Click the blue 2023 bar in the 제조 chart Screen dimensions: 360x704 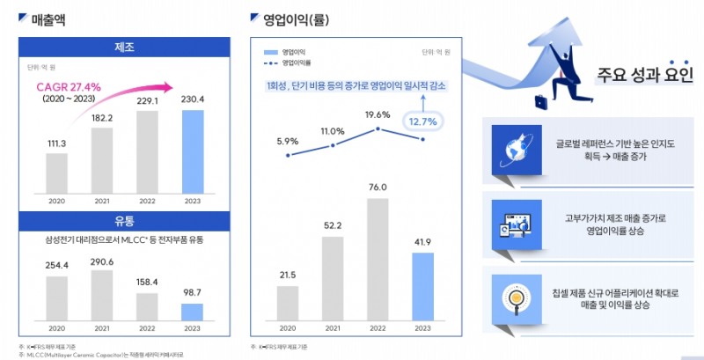click(192, 144)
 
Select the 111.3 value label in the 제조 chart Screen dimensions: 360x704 click(56, 143)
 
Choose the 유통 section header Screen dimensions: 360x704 click(123, 220)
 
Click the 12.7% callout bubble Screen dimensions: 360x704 click(422, 122)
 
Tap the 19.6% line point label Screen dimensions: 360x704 click(377, 114)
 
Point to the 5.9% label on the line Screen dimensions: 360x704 click(288, 141)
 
